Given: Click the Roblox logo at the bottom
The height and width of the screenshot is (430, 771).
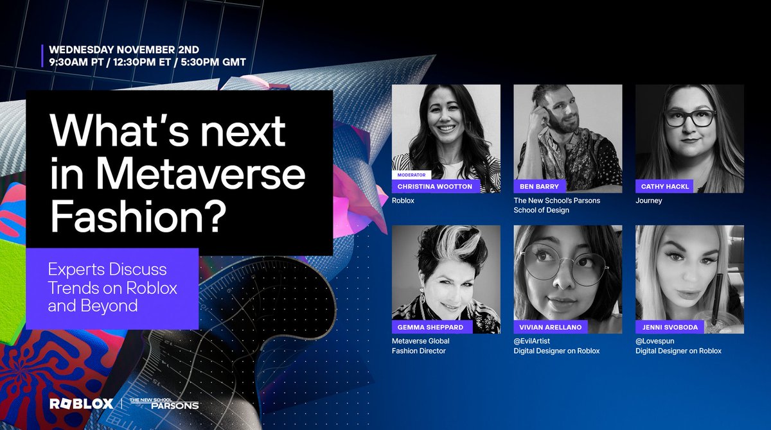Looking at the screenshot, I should point(81,404).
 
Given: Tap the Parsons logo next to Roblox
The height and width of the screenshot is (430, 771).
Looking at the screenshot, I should point(164,404).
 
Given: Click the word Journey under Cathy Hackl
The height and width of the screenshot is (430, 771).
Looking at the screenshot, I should point(648,200).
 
